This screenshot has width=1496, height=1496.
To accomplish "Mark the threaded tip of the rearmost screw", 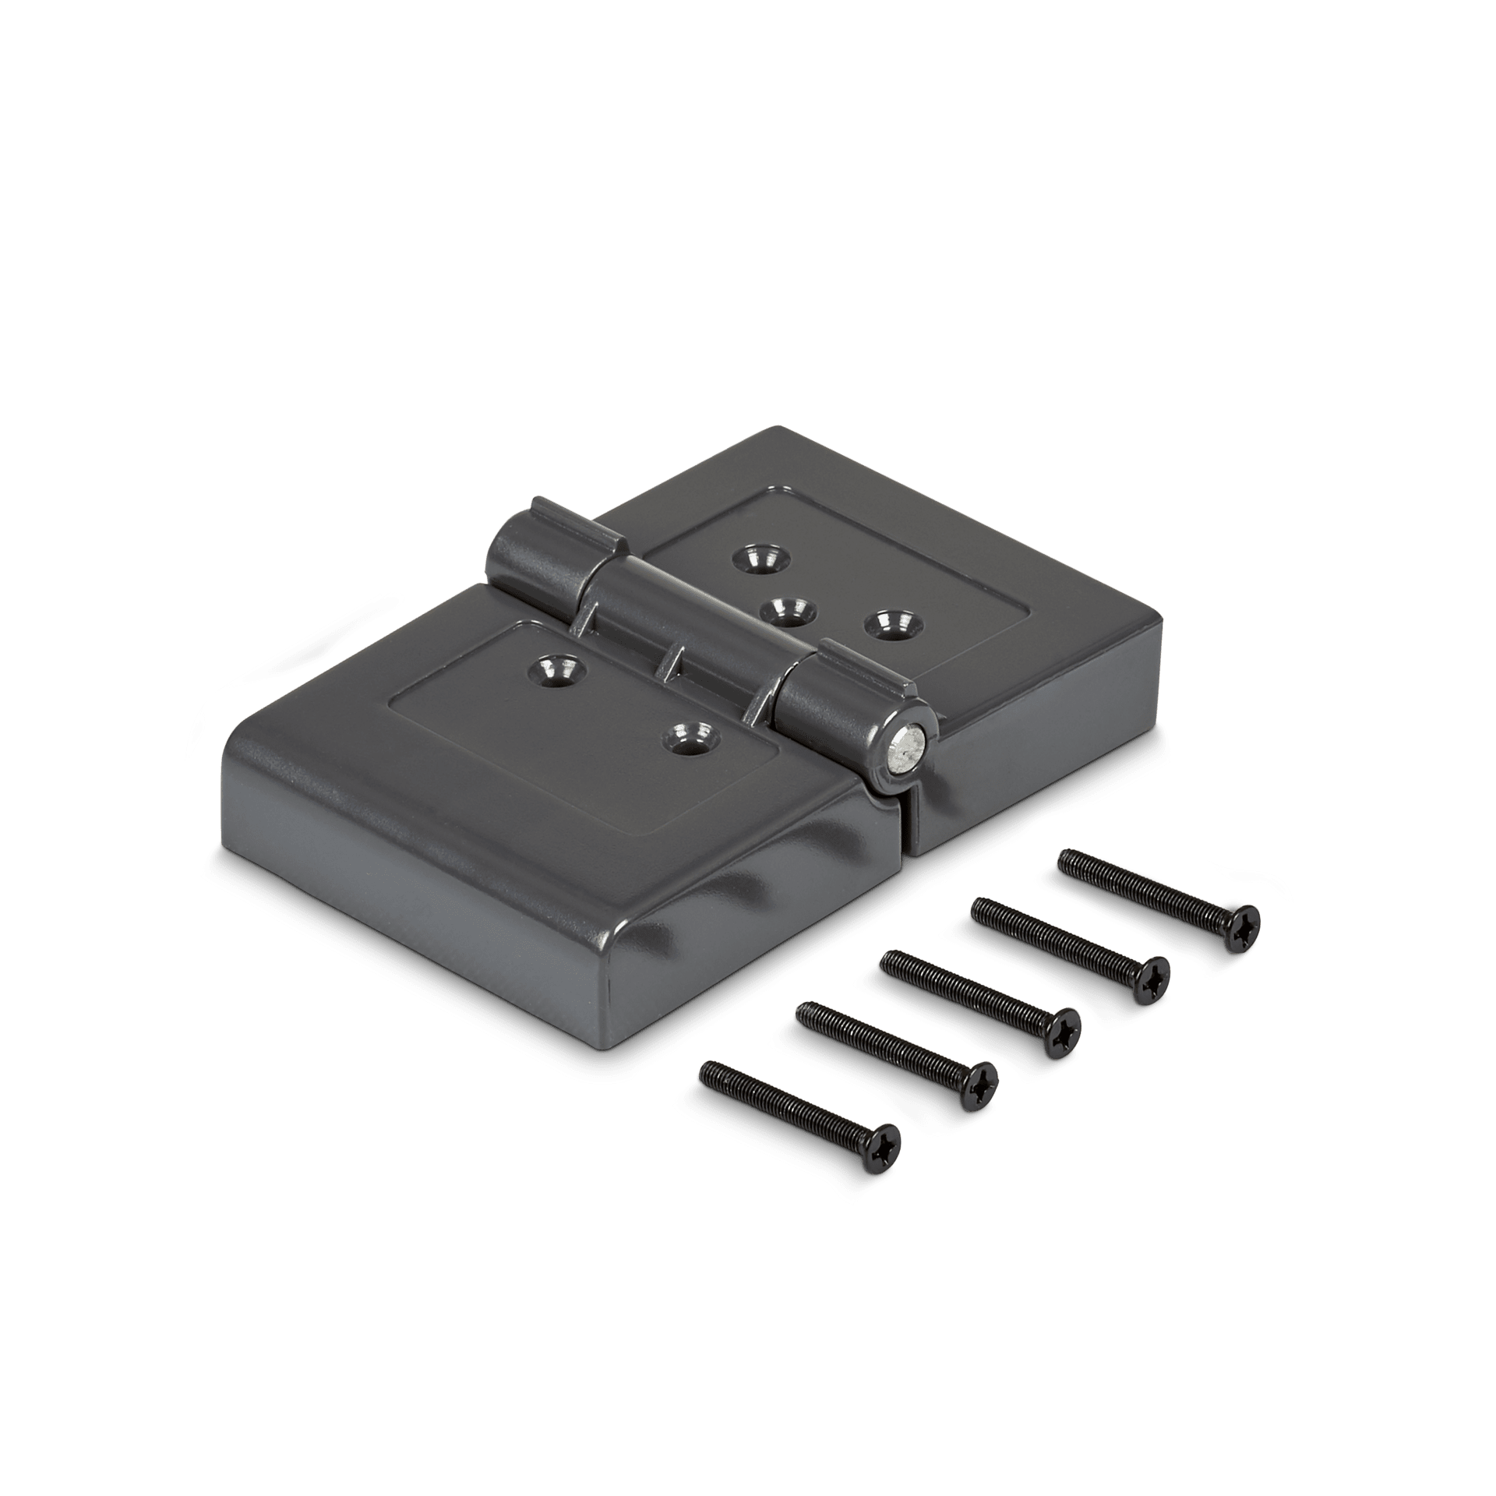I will (x=1067, y=861).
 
